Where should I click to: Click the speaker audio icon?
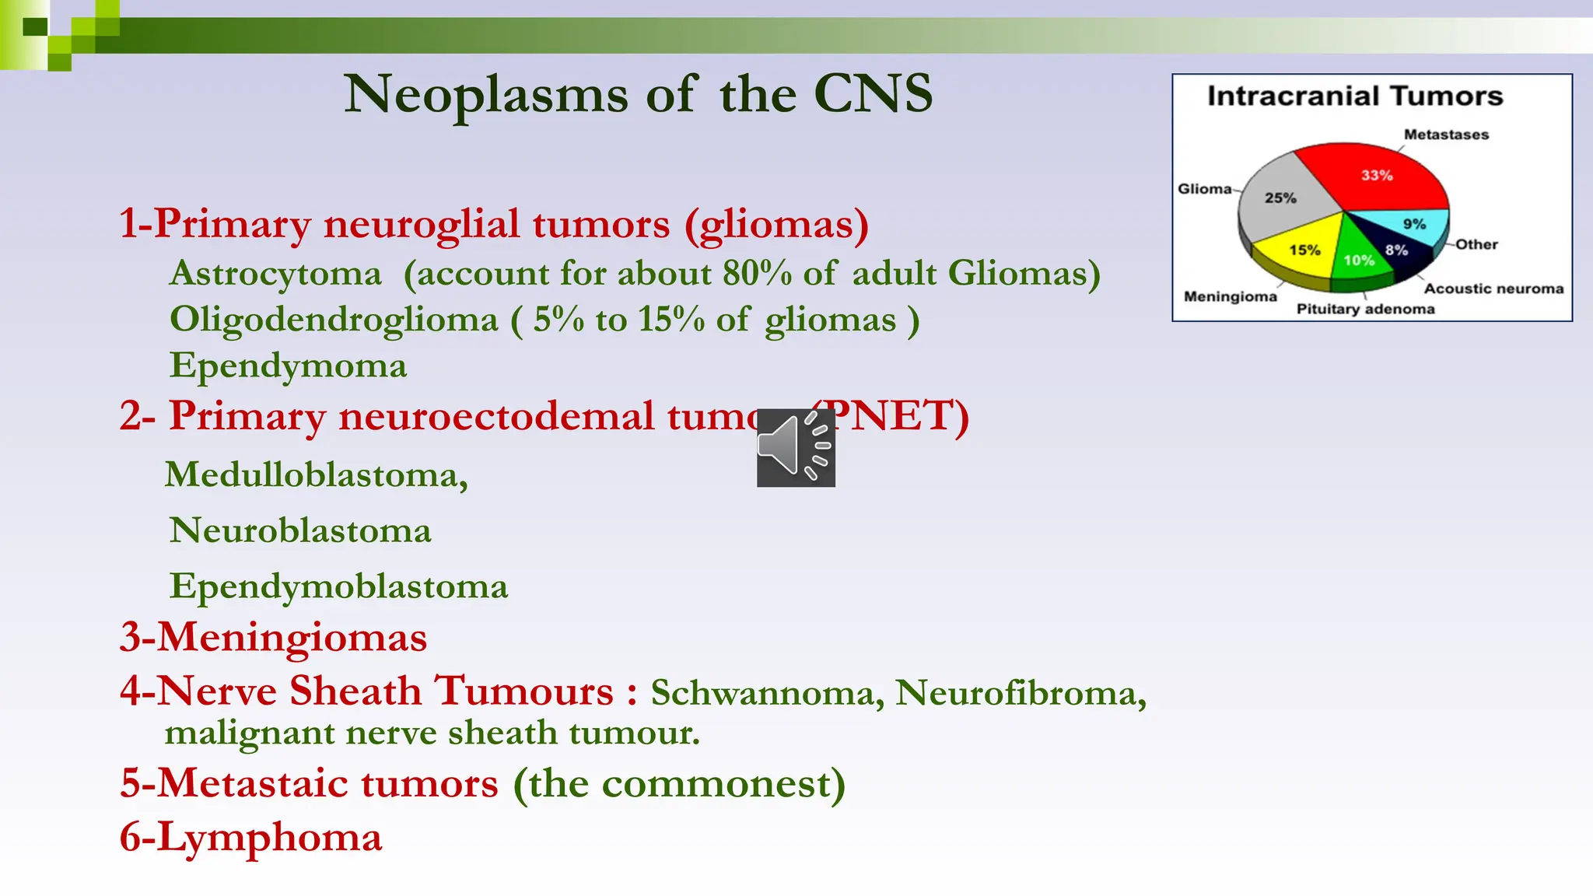(796, 447)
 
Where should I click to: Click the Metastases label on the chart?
(1445, 135)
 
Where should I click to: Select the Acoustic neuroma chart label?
(1493, 289)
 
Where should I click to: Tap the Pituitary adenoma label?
(1365, 309)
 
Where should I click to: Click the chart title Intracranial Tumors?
(1354, 96)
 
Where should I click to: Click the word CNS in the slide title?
(873, 94)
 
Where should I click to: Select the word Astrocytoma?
(276, 274)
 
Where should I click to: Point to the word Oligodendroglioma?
(334, 320)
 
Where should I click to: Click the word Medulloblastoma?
(316, 474)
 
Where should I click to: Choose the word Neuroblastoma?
(300, 530)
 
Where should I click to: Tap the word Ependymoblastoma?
(338, 586)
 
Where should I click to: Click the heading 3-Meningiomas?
(273, 637)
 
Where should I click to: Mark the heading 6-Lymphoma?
(250, 838)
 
